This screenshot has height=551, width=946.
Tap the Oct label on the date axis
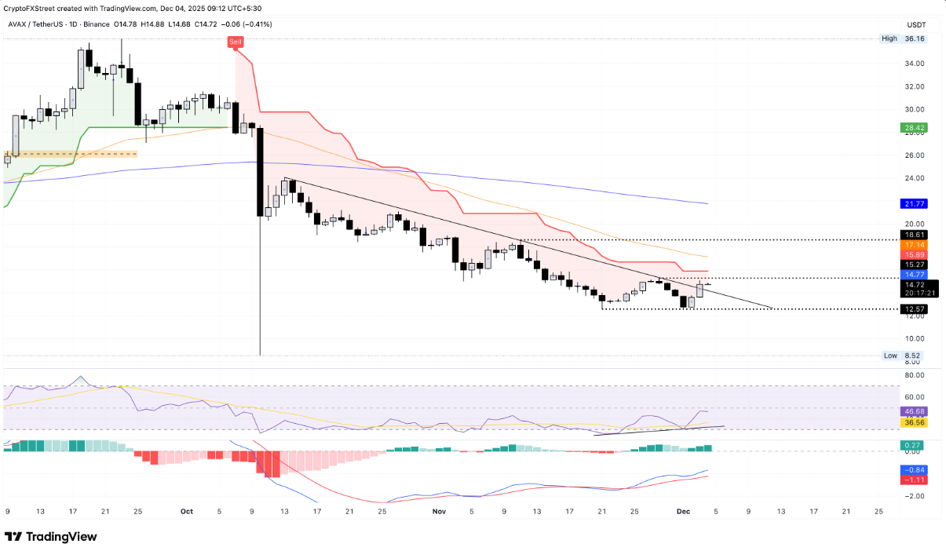187,511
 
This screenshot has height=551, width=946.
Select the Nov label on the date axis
439,511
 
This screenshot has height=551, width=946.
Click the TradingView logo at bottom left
51,537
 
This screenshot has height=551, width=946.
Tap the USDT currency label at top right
917,24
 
